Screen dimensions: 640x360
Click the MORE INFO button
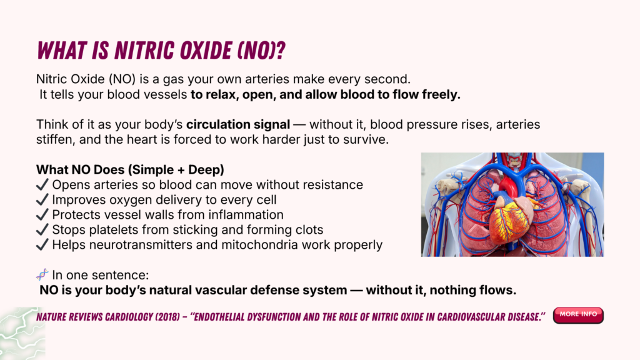tap(578, 315)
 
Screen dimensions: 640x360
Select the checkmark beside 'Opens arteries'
tap(42, 184)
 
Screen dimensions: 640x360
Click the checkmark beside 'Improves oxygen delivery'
tap(42, 199)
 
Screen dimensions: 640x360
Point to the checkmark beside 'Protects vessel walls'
tap(42, 215)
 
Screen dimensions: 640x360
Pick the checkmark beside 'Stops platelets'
tap(42, 230)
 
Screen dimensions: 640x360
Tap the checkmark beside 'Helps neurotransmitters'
tap(42, 245)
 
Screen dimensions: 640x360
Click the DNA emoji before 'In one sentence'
tap(42, 275)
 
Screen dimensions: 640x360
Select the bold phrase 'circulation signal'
tap(238, 124)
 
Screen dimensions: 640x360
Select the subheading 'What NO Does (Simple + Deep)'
tap(130, 170)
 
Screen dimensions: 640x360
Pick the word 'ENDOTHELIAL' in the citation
tap(218, 317)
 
